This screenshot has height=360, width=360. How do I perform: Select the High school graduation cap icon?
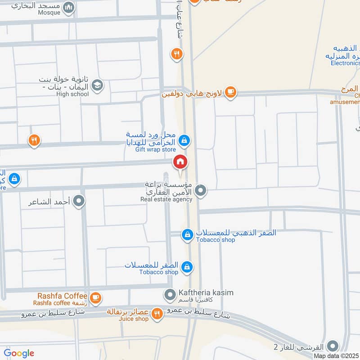point(97,84)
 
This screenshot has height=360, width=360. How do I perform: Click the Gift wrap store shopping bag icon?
point(184,141)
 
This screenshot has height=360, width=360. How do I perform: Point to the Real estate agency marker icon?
point(202,191)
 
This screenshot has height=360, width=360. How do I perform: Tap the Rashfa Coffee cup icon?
point(95,297)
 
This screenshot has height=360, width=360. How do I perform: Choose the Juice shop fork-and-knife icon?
point(157,313)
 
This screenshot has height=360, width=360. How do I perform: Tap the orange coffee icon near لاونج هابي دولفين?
point(230,92)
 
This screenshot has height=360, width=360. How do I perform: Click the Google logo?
point(19,353)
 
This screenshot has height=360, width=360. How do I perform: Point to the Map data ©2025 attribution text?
point(336,356)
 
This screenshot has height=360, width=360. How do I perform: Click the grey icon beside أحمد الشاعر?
point(79,201)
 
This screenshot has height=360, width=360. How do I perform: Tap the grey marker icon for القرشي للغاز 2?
point(333,346)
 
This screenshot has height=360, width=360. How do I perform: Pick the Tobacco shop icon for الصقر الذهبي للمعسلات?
point(187,234)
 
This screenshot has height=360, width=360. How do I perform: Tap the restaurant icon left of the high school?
point(34,141)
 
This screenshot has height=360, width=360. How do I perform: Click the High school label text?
point(72,94)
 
